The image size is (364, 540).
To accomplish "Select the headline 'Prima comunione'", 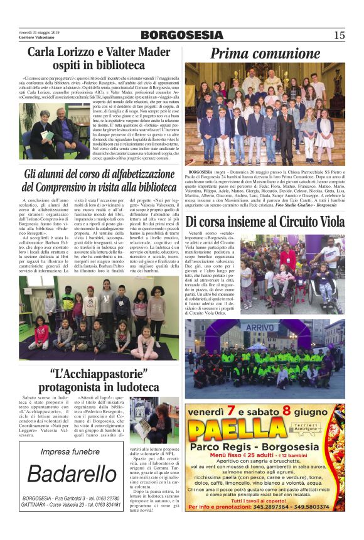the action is click(x=265, y=54).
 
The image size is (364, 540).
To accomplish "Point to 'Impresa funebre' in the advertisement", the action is click(x=70, y=451).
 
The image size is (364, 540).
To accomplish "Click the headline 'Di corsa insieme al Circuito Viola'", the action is click(x=265, y=222).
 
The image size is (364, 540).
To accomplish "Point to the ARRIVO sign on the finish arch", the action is click(x=262, y=328).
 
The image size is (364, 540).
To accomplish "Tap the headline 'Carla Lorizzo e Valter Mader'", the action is click(x=100, y=53).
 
